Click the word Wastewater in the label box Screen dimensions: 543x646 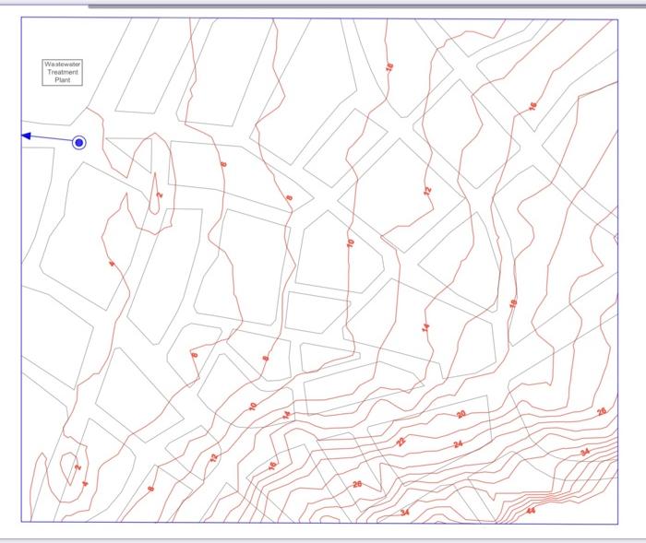click(x=63, y=65)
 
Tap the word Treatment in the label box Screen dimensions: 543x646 click(x=63, y=72)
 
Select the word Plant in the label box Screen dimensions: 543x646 click(x=63, y=80)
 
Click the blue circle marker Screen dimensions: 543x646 click(x=79, y=142)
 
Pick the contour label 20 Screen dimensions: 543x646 click(x=461, y=415)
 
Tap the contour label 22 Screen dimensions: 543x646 click(x=401, y=442)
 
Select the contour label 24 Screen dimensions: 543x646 click(x=458, y=444)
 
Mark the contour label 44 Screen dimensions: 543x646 click(x=531, y=510)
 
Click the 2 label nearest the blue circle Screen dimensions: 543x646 click(x=159, y=195)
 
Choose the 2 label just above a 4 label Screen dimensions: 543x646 click(x=78, y=467)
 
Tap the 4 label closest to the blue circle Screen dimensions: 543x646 click(x=112, y=265)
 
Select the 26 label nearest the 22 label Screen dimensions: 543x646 click(x=357, y=484)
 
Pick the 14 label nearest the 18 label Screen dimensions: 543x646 click(x=426, y=327)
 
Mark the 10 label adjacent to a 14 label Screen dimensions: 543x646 click(x=253, y=406)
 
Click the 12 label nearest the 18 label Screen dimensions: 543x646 click(x=427, y=192)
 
